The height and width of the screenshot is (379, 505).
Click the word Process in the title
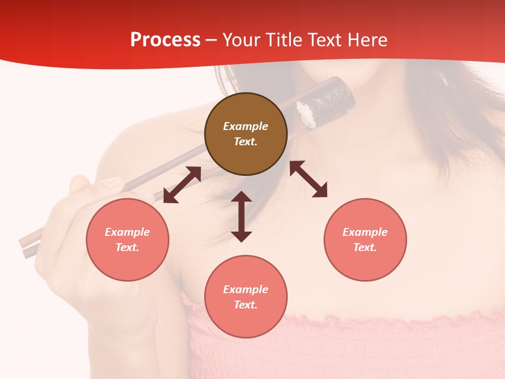pyautogui.click(x=165, y=40)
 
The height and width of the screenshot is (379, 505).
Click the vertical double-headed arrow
pyautogui.click(x=241, y=216)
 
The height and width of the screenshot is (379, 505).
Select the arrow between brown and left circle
pyautogui.click(x=182, y=185)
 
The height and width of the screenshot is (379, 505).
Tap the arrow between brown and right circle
pyautogui.click(x=308, y=179)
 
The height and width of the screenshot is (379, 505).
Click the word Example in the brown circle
pyautogui.click(x=246, y=126)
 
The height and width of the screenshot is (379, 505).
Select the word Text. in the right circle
pyautogui.click(x=365, y=247)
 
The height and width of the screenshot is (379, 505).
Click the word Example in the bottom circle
pyautogui.click(x=246, y=290)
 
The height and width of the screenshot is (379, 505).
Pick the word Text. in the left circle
pyautogui.click(x=127, y=247)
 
